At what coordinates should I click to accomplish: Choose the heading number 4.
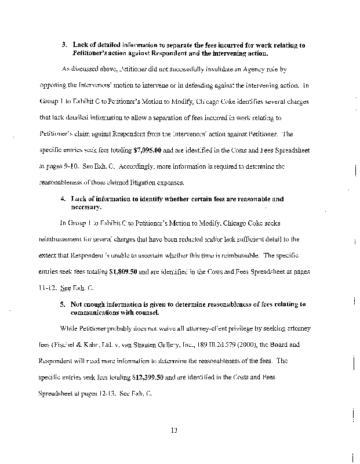tap(63, 199)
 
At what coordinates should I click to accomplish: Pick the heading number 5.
tap(63, 304)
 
